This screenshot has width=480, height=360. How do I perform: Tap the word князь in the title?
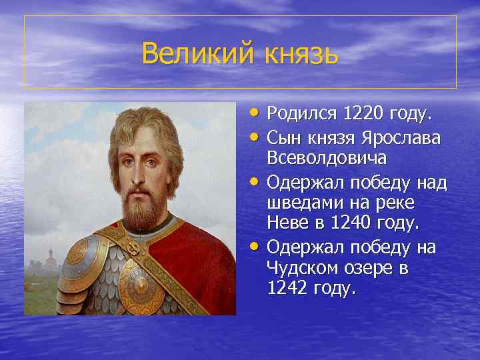tap(298, 53)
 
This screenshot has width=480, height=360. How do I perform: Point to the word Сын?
tap(283, 138)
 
